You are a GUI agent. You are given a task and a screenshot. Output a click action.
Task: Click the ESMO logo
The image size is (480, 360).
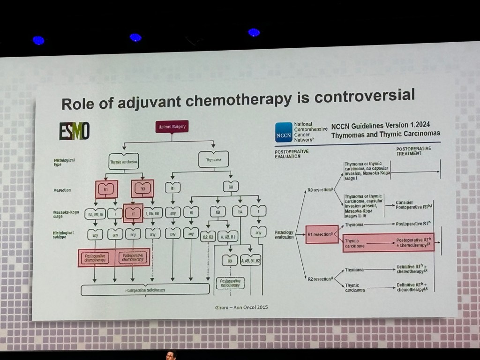(x=75, y=131)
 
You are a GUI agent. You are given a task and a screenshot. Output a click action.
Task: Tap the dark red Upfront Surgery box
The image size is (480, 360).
(x=172, y=127)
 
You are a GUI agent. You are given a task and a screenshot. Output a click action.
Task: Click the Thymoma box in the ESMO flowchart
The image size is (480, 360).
(x=213, y=159)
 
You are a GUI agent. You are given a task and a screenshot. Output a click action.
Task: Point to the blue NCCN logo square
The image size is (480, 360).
(x=283, y=132)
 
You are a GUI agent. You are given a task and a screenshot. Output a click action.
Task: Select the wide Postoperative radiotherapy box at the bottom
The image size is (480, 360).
(x=145, y=290)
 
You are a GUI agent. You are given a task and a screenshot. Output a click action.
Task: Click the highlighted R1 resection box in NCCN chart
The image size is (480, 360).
(x=322, y=234)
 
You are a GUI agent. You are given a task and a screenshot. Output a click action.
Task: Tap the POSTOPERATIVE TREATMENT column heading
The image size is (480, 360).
(x=413, y=150)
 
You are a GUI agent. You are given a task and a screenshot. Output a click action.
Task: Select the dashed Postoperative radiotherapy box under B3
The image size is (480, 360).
(x=230, y=283)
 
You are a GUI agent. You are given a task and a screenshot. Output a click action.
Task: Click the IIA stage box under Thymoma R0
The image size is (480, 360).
(x=240, y=211)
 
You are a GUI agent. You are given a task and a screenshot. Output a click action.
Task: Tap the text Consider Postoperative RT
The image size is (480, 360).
(x=413, y=205)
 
